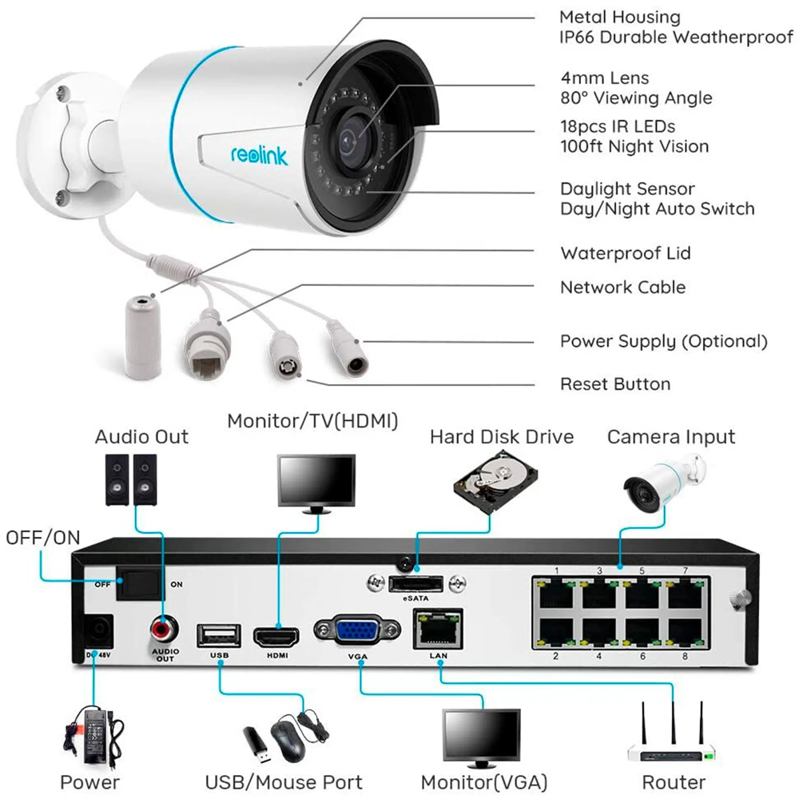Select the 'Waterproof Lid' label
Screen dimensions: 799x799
coord(625,253)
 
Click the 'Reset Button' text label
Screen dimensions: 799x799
coord(614,384)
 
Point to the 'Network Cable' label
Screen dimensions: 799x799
coord(622,287)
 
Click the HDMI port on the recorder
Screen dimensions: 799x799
coord(276,637)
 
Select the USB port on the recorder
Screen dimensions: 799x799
coord(218,636)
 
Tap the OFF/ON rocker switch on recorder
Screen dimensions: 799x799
coord(137,584)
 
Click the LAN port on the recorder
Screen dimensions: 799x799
coord(438,628)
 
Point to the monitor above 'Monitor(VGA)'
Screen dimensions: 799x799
coord(482,733)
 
